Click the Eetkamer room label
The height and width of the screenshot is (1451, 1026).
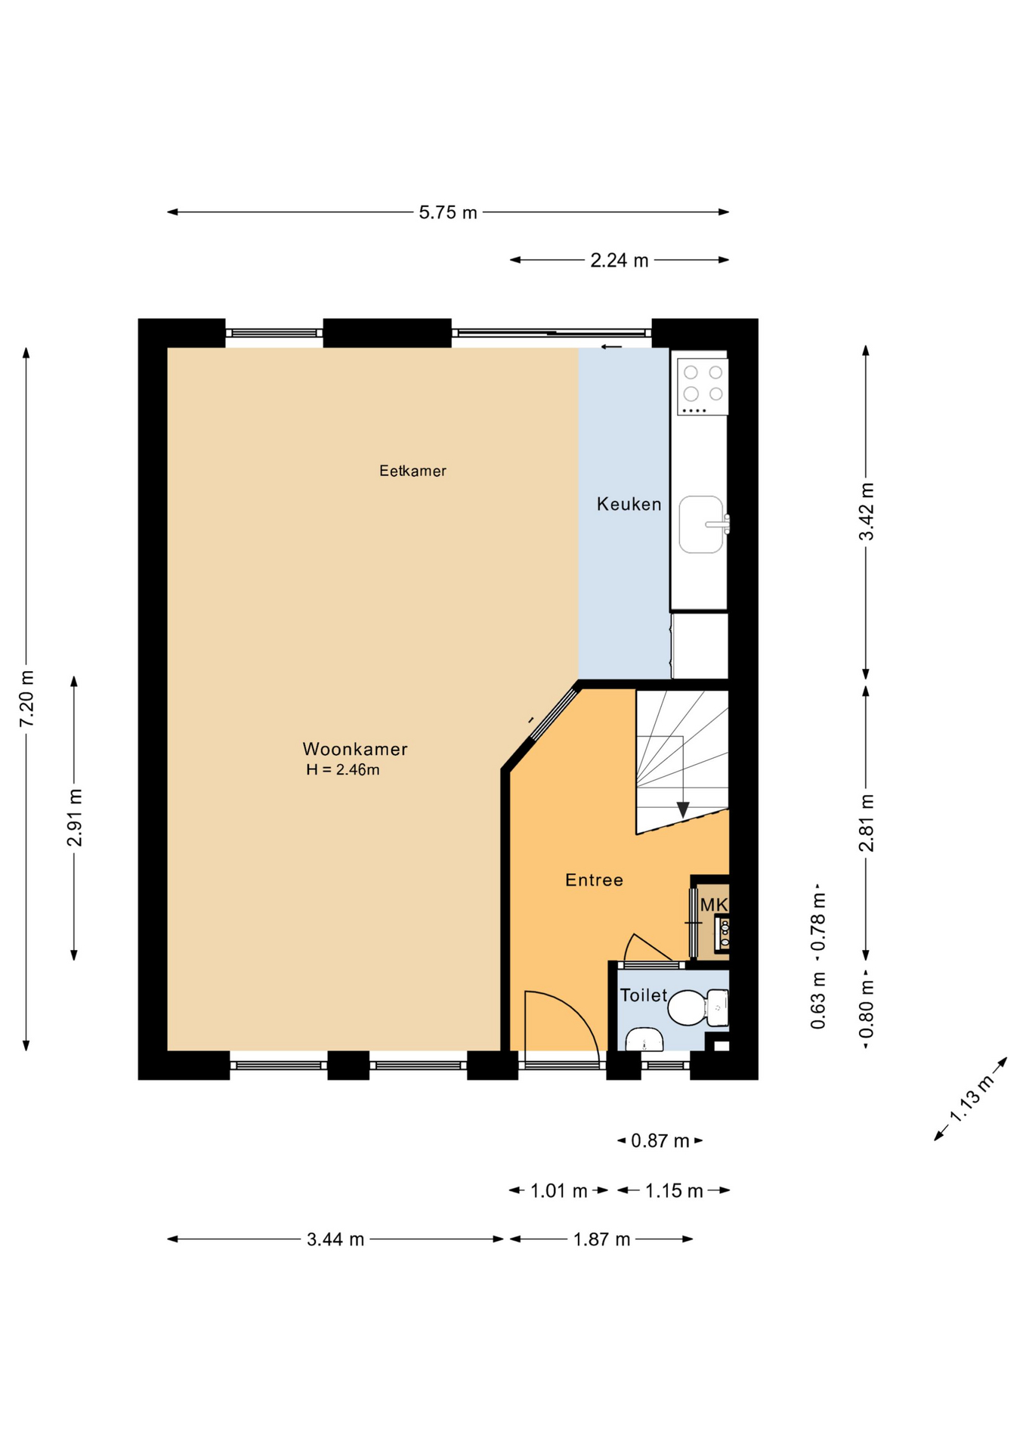[x=413, y=471]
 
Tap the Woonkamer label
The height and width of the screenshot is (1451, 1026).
[x=355, y=749]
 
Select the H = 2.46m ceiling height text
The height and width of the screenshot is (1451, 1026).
[x=343, y=770]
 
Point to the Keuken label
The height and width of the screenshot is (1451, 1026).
[x=629, y=504]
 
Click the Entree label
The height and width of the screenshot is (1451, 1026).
[x=595, y=880]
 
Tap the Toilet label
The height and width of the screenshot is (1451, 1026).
[x=644, y=995]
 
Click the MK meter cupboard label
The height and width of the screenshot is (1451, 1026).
[x=714, y=905]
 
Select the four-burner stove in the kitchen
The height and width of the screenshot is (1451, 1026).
[x=703, y=386]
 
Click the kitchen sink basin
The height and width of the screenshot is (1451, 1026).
[x=701, y=524]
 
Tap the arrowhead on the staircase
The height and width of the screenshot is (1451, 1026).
[x=683, y=809]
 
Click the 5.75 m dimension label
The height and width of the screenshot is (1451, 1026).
[x=448, y=212]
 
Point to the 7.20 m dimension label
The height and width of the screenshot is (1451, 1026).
[x=26, y=699]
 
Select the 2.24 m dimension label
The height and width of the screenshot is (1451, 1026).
[x=620, y=261]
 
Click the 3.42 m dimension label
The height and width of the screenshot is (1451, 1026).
[x=867, y=512]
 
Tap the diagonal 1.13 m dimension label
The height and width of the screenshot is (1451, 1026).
[x=971, y=1099]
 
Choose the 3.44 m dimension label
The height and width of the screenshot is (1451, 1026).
[x=335, y=1239]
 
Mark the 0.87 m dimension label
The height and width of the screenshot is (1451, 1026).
[x=660, y=1140]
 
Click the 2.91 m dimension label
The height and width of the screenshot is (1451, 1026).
[x=74, y=818]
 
